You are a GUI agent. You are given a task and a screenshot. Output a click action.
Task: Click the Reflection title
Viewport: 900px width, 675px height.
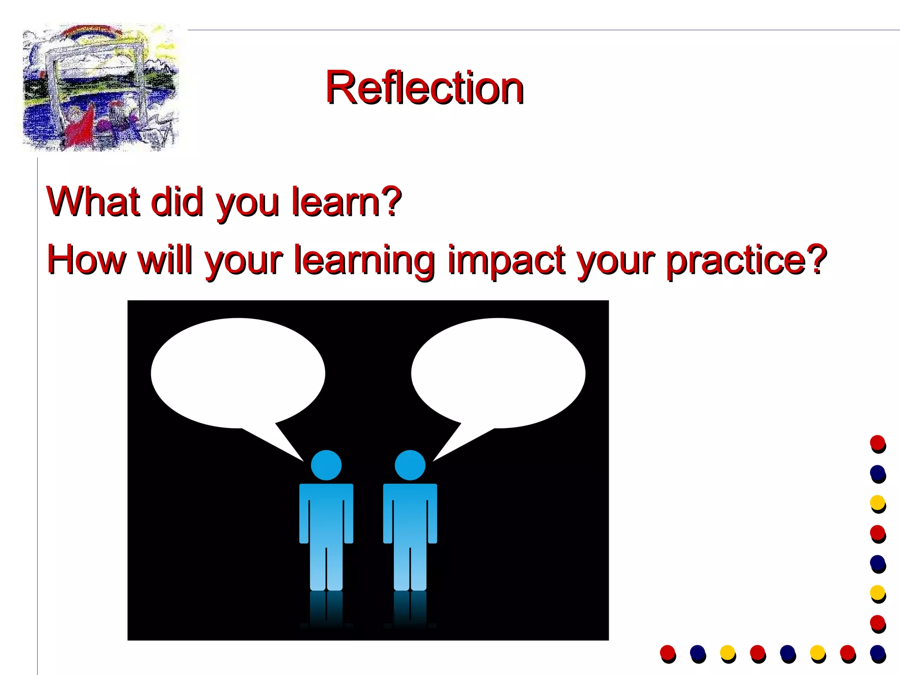[x=424, y=88]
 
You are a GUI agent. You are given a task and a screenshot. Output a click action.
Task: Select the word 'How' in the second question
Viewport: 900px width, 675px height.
[x=86, y=260]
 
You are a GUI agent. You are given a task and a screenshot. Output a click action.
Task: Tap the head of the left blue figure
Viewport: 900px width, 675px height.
[x=326, y=465]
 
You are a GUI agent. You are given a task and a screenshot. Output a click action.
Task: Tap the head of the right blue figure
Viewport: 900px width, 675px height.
[x=410, y=465]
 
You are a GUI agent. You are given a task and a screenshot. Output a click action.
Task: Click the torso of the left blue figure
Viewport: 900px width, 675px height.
[x=326, y=514]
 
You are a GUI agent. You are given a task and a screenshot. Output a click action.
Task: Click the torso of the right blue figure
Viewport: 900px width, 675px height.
[x=410, y=514]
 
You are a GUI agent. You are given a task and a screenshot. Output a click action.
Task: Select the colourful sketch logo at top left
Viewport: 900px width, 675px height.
[x=101, y=88]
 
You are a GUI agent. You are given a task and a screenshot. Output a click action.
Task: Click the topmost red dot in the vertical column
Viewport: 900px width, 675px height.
[x=877, y=443]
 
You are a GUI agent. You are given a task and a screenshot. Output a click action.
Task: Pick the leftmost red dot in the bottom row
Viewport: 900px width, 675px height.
[x=667, y=652]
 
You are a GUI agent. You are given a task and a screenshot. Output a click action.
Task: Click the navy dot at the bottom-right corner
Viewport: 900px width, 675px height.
[x=877, y=652]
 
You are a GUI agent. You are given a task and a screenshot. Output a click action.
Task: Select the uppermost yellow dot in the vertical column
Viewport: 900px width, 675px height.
[x=877, y=502]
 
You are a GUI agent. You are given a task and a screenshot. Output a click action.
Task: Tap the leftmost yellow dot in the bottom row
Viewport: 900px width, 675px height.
[x=727, y=652]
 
